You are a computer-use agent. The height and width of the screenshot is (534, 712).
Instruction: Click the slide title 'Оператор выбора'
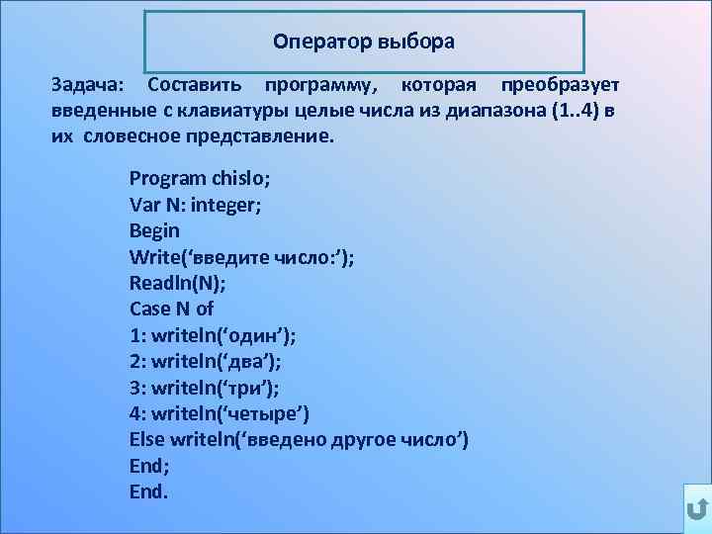point(364,43)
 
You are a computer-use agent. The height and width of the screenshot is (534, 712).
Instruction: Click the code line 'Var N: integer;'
point(196,205)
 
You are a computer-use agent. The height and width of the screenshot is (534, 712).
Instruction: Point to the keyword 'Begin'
point(154,230)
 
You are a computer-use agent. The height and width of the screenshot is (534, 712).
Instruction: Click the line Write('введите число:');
point(242,256)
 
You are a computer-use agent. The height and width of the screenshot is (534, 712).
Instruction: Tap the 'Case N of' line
point(172,308)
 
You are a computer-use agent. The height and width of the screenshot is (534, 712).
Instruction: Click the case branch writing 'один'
point(213,334)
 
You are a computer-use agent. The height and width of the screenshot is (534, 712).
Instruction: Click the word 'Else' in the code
point(146,438)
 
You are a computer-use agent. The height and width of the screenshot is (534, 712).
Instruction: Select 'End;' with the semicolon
point(149,464)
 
